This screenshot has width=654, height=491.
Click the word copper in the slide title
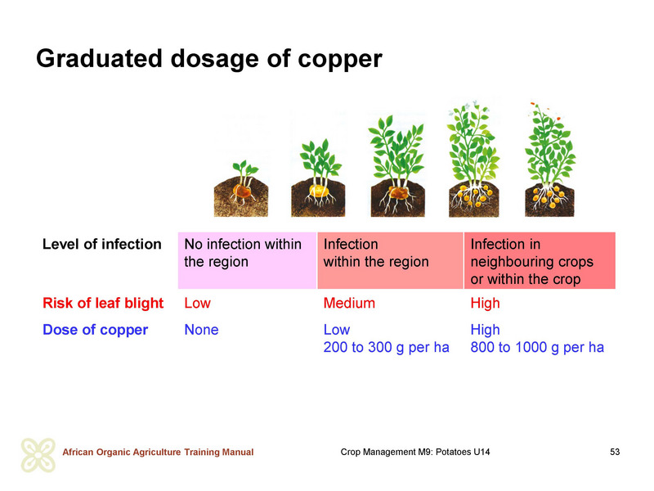click(x=339, y=59)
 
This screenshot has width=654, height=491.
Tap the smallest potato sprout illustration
click(x=241, y=188)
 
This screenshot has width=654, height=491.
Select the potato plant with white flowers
click(x=474, y=159)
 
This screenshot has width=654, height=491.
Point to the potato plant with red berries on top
click(x=549, y=160)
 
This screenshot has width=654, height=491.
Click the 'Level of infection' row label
click(x=101, y=244)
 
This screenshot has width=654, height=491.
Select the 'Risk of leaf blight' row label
click(x=103, y=303)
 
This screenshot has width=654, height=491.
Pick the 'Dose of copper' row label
click(x=95, y=330)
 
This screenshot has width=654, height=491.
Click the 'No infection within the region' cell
click(x=248, y=260)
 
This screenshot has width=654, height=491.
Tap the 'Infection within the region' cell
click(x=391, y=260)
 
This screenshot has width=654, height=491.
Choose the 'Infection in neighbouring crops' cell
click(x=540, y=260)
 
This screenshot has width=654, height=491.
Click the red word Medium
click(x=349, y=303)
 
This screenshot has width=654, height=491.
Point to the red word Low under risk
click(x=197, y=303)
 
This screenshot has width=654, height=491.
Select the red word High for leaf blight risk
click(x=485, y=304)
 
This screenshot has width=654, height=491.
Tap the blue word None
click(x=201, y=330)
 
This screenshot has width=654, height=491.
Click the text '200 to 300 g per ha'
click(x=386, y=347)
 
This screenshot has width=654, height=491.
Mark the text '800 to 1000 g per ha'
click(x=537, y=347)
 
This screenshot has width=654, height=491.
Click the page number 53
click(x=615, y=452)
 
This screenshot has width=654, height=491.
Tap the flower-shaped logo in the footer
click(x=38, y=455)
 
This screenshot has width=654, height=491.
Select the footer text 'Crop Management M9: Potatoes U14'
click(x=415, y=452)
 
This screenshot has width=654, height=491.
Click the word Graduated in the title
click(x=99, y=58)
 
